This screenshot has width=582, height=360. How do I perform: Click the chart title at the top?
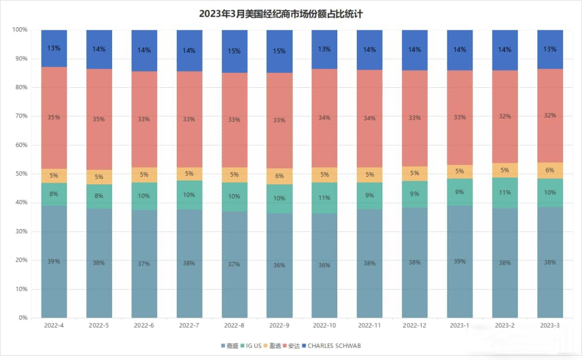click(281, 14)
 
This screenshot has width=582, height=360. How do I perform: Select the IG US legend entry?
click(251, 345)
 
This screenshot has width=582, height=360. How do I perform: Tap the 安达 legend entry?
click(291, 345)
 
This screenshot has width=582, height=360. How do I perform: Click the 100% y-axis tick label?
click(20, 29)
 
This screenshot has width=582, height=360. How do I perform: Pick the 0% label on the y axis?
click(23, 317)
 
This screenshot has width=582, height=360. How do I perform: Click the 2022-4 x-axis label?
click(54, 326)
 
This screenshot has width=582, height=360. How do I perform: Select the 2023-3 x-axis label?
click(550, 326)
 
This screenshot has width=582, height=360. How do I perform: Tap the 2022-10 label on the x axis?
click(324, 326)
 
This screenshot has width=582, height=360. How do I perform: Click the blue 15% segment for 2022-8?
click(234, 51)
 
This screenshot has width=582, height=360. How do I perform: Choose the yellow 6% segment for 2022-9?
click(280, 176)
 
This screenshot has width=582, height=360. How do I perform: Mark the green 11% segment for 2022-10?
click(324, 198)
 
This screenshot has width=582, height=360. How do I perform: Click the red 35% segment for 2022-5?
click(99, 120)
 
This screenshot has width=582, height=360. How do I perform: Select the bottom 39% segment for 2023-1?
click(460, 262)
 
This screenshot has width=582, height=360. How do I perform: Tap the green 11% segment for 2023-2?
click(505, 192)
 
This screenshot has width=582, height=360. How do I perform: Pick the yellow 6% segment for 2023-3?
click(550, 170)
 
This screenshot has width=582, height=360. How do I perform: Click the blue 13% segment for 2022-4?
click(54, 49)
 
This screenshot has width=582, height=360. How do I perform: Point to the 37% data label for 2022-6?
click(144, 264)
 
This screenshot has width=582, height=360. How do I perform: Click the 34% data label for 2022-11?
click(370, 119)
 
